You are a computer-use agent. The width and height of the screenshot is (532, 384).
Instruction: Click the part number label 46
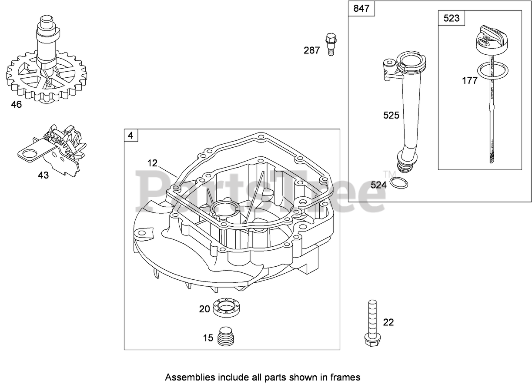coord(16,105)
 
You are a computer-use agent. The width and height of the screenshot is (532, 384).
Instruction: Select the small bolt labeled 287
coord(331,43)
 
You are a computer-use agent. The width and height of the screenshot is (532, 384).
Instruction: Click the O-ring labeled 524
coord(399,183)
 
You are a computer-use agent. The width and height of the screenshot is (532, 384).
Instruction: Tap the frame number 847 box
coord(362,9)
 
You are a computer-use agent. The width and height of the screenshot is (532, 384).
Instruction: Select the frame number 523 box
coord(452,18)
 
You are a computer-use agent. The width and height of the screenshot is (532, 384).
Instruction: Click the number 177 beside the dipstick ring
coord(469,80)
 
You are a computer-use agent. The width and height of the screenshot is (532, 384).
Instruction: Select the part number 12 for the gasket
coord(152,163)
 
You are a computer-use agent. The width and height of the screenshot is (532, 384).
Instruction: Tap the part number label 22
coord(388,322)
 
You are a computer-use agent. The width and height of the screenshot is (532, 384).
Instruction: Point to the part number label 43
coord(43,175)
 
